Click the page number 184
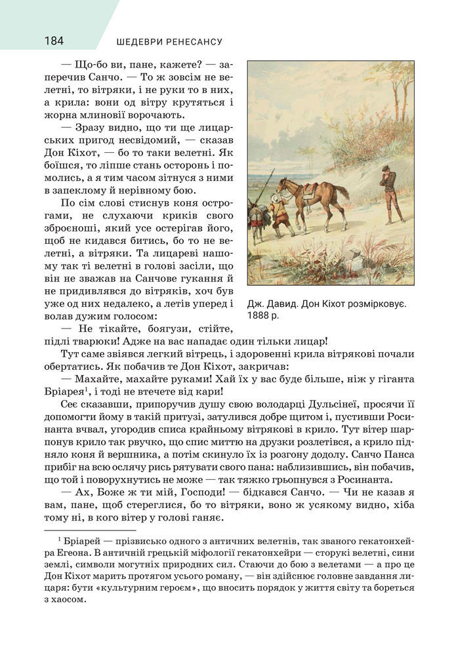point(54,41)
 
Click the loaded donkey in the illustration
point(258,219)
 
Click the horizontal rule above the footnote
point(89,530)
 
